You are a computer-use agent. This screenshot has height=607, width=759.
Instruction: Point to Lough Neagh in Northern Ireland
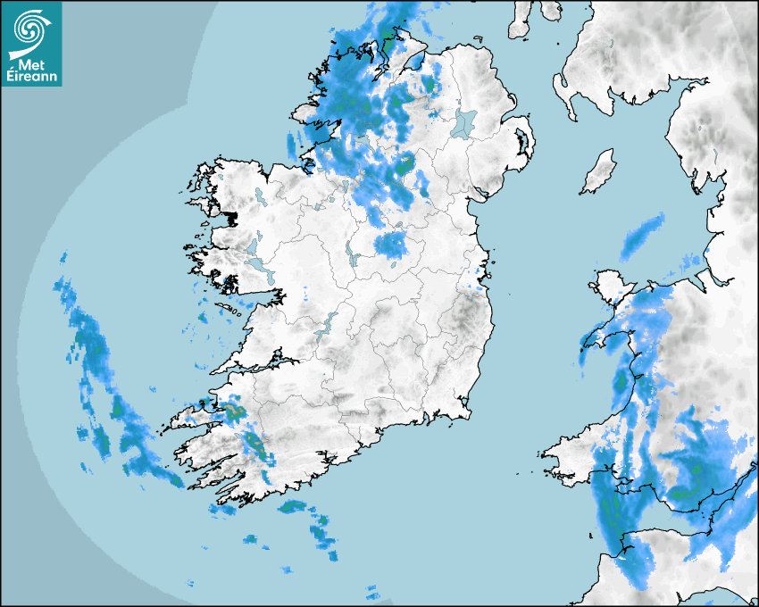tap(464, 122)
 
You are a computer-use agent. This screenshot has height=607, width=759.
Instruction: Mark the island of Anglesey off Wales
tap(609, 287)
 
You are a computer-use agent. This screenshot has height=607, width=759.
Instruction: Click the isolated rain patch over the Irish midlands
tap(391, 245)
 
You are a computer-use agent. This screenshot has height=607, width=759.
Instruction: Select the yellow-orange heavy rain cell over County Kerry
tap(234, 410)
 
